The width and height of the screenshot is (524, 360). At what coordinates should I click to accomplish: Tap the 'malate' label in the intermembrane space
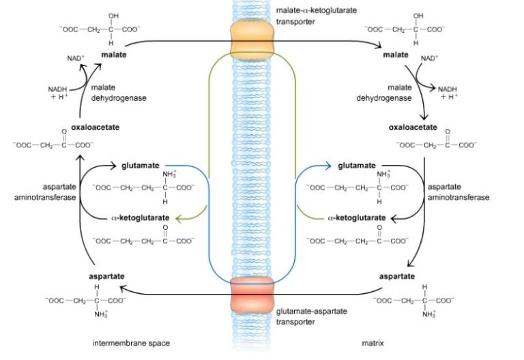(115, 53)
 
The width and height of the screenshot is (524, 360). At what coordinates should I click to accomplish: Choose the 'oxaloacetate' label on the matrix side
(413, 127)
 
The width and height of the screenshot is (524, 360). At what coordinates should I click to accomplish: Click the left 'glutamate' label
(142, 165)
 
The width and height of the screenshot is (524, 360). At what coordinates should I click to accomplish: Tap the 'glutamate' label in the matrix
(356, 165)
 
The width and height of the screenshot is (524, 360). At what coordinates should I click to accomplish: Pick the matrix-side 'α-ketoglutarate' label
(357, 218)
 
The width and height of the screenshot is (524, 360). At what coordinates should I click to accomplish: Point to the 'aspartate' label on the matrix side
(397, 276)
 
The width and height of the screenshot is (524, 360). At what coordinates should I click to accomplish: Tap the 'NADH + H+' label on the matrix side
(448, 93)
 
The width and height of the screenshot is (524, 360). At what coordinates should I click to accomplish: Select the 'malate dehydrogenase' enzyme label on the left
(121, 93)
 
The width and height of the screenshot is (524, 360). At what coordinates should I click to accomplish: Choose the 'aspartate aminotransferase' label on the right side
(458, 191)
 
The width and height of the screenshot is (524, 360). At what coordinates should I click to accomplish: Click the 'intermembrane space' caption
(130, 343)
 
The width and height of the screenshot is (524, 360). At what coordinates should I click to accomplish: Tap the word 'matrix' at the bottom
(375, 343)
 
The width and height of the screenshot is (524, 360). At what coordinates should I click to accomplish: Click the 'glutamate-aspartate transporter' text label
(312, 316)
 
